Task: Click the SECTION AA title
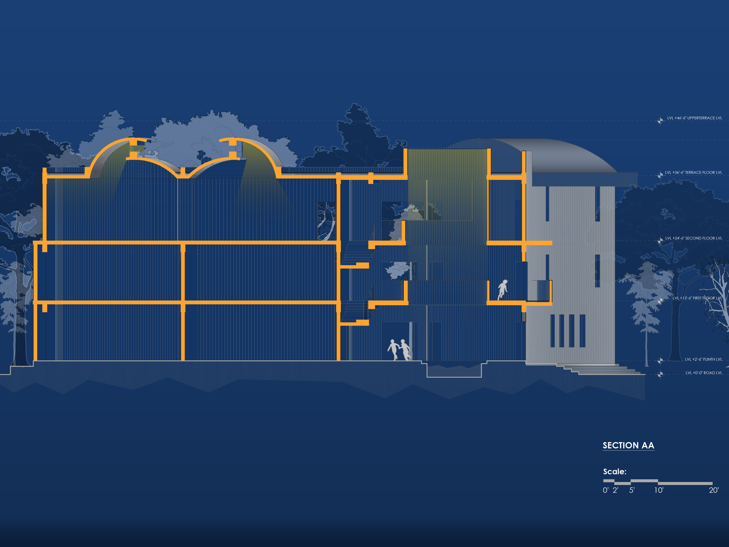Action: click(x=628, y=445)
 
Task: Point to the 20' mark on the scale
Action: click(x=713, y=490)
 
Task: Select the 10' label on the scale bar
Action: click(x=659, y=490)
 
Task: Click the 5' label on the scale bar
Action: click(x=632, y=490)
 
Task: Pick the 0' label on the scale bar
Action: click(x=605, y=490)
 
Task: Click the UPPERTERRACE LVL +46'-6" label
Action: click(x=694, y=118)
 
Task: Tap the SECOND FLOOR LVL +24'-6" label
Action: click(x=693, y=238)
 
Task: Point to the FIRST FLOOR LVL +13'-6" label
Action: click(x=697, y=298)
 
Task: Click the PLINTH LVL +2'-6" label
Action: click(x=703, y=359)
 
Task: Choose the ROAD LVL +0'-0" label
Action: click(x=704, y=373)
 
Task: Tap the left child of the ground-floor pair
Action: click(x=393, y=350)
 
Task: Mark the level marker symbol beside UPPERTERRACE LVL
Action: click(x=660, y=121)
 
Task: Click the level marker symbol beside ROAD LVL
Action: click(x=660, y=374)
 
